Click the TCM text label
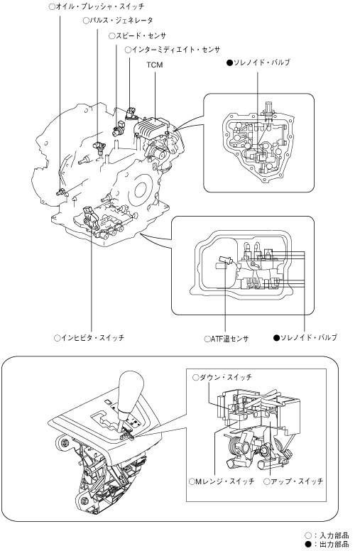tap(155, 65)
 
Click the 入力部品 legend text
tap(335, 535)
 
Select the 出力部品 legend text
tap(335, 545)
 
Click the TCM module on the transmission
tap(152, 127)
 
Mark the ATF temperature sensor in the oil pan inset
tap(224, 260)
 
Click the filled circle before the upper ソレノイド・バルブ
tap(230, 63)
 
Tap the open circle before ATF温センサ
tap(207, 339)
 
